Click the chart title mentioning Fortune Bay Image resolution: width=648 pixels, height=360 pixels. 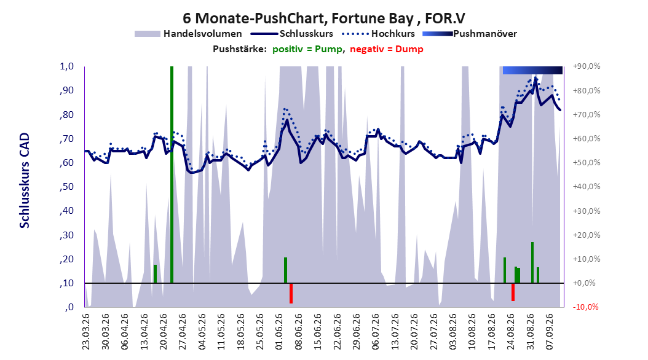(x=323, y=18)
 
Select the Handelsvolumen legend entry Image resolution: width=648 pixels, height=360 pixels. (x=188, y=34)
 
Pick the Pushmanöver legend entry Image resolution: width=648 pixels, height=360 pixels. (x=470, y=34)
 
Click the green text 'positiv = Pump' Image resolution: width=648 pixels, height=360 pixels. (x=307, y=49)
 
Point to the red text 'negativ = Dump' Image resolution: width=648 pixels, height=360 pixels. (x=387, y=49)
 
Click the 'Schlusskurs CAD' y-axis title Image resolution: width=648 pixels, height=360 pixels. (x=25, y=181)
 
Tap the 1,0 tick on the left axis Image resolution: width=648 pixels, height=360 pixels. (x=66, y=66)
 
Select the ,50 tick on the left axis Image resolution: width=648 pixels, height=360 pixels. (x=66, y=187)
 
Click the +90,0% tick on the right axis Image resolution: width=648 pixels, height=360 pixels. (x=587, y=66)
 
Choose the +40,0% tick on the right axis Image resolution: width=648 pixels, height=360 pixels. (x=587, y=187)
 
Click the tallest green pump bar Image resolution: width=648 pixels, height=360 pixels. (x=172, y=174)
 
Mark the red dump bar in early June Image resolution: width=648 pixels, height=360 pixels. (x=291, y=293)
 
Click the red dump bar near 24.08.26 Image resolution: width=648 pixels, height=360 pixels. (x=513, y=292)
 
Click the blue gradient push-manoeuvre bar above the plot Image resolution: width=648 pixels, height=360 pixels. (x=532, y=70)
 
